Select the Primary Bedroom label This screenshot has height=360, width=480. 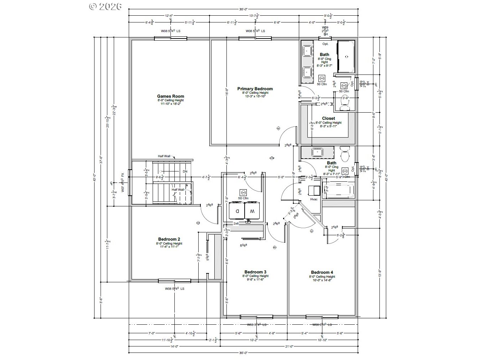click(255, 89)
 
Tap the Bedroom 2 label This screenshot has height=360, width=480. click(169, 239)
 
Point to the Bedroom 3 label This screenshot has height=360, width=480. click(255, 272)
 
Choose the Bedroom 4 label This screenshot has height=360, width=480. click(322, 272)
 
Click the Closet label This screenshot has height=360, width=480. click(328, 118)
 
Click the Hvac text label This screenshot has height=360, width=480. click(314, 199)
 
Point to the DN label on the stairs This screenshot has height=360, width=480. click(185, 171)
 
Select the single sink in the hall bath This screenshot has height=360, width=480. click(316, 152)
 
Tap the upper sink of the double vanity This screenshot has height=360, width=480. click(306, 51)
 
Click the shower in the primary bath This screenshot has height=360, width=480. click(346, 56)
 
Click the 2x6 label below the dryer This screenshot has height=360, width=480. click(236, 223)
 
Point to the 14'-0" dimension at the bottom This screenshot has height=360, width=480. click(174, 346)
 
